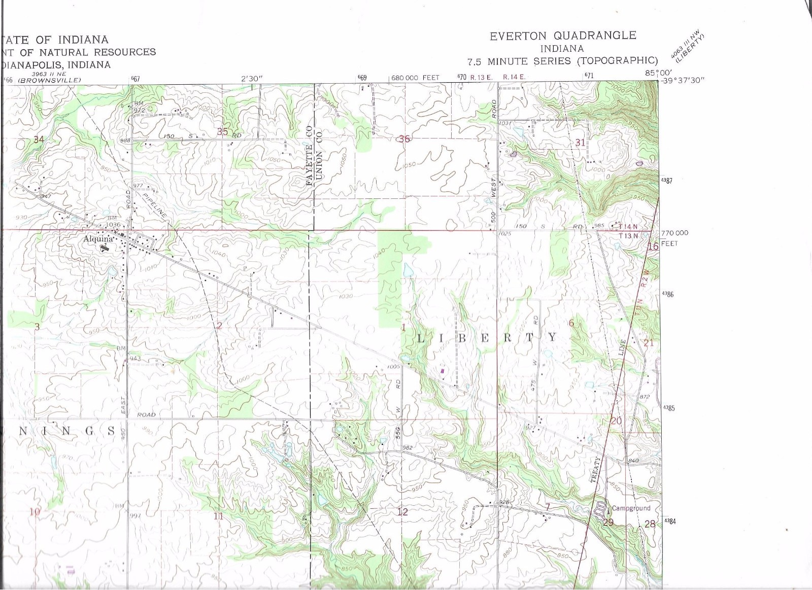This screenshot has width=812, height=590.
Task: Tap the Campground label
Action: [631, 508]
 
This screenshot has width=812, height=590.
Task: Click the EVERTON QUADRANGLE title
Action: [562, 36]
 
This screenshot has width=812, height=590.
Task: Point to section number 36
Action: [404, 138]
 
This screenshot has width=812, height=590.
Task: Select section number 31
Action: [580, 143]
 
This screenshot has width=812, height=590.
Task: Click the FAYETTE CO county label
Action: [309, 155]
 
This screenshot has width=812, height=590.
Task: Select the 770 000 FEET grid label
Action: [674, 233]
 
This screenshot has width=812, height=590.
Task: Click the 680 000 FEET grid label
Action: [415, 78]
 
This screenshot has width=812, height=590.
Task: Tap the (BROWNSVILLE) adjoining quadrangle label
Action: [50, 80]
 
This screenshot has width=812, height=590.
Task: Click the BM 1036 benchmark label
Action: [112, 221]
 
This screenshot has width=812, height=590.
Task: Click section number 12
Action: [402, 512]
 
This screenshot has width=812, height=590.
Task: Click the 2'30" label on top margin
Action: [252, 78]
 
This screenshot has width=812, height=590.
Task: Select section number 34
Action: [39, 140]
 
